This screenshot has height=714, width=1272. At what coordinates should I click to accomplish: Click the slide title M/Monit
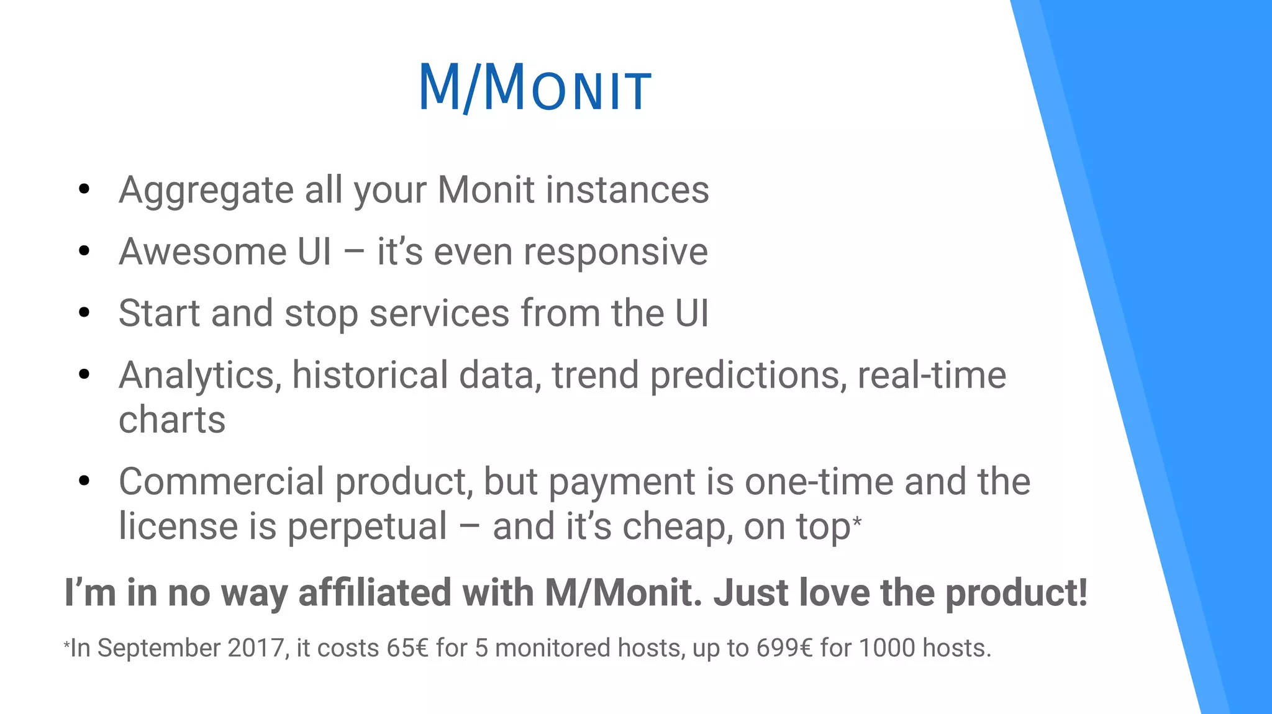[535, 88]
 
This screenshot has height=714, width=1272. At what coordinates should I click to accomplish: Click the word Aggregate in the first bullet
[206, 191]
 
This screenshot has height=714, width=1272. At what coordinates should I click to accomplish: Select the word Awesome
[202, 251]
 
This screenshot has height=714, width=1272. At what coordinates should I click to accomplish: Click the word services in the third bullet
[439, 314]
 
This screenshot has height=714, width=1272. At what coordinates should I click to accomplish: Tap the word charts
[172, 420]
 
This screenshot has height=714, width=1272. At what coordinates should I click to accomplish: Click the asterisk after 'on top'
[857, 520]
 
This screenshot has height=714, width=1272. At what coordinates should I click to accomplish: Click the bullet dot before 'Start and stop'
[84, 313]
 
